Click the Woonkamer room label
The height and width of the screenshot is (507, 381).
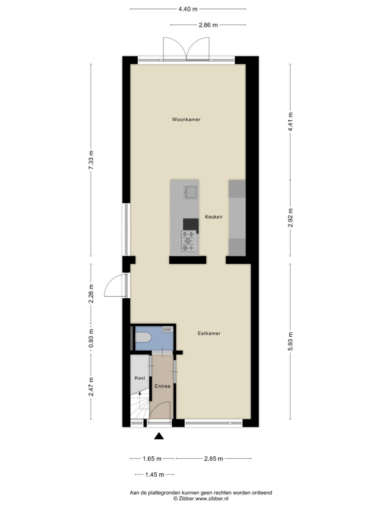[186, 120]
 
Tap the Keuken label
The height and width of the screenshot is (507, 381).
[213, 217]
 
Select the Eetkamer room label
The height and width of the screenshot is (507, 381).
[209, 333]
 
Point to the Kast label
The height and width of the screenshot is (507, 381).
[140, 378]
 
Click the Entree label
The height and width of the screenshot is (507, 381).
[163, 386]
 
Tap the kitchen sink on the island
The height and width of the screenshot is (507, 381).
[191, 192]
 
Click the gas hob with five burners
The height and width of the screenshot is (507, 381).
[188, 241]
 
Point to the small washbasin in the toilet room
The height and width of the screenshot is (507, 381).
[168, 329]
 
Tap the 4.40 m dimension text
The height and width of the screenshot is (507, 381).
[188, 9]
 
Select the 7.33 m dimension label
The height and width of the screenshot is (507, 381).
[91, 160]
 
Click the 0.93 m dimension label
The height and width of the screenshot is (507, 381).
[91, 338]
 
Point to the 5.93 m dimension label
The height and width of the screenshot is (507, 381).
[290, 341]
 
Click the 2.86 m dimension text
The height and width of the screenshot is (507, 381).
[208, 25]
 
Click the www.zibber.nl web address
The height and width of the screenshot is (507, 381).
[212, 499]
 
